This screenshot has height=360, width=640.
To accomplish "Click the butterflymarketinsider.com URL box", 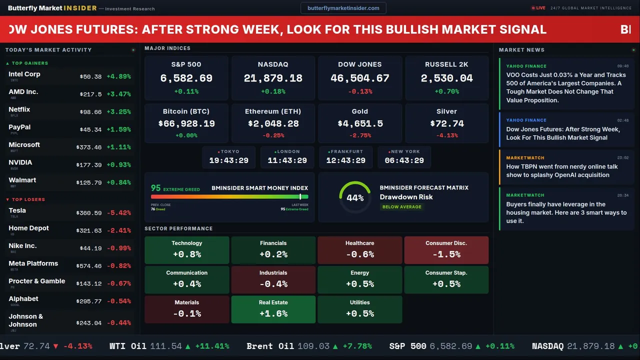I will click(343, 8).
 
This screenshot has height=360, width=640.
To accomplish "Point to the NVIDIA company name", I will click(20, 162).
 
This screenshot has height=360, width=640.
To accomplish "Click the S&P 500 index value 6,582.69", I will click(186, 78).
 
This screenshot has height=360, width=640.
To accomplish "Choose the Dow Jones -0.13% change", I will click(359, 91).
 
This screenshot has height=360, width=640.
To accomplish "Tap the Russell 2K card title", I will click(446, 64).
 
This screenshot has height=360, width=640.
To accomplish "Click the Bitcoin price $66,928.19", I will click(186, 123).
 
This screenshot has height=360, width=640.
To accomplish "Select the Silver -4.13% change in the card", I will click(446, 135).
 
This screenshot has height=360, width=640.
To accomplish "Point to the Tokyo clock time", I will click(228, 160).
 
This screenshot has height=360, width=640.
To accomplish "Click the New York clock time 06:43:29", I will click(404, 160).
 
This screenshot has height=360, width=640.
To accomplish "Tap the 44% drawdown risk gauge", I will click(355, 197).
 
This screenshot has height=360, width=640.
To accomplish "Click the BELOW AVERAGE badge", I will click(401, 206).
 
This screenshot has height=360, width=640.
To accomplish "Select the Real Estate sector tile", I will click(273, 309).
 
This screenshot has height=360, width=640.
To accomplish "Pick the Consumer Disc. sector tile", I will click(446, 249).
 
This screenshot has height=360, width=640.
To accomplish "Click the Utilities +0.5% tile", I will click(359, 309).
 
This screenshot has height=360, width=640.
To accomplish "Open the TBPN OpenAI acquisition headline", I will click(561, 170).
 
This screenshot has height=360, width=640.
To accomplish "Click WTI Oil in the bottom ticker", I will click(128, 346).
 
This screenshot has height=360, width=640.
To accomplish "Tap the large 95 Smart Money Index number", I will click(156, 188).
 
